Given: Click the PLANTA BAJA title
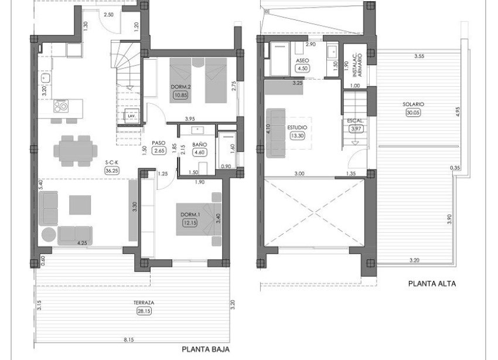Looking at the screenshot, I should [x=205, y=349].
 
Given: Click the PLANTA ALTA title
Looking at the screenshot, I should [x=432, y=283].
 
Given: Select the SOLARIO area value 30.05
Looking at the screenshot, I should [x=414, y=113].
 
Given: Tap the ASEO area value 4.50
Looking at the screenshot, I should [x=302, y=68].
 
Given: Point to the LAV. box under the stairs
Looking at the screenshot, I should [x=131, y=116].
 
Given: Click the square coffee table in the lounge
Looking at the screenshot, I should [x=80, y=205].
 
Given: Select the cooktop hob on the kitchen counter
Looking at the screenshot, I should [x=62, y=106].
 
